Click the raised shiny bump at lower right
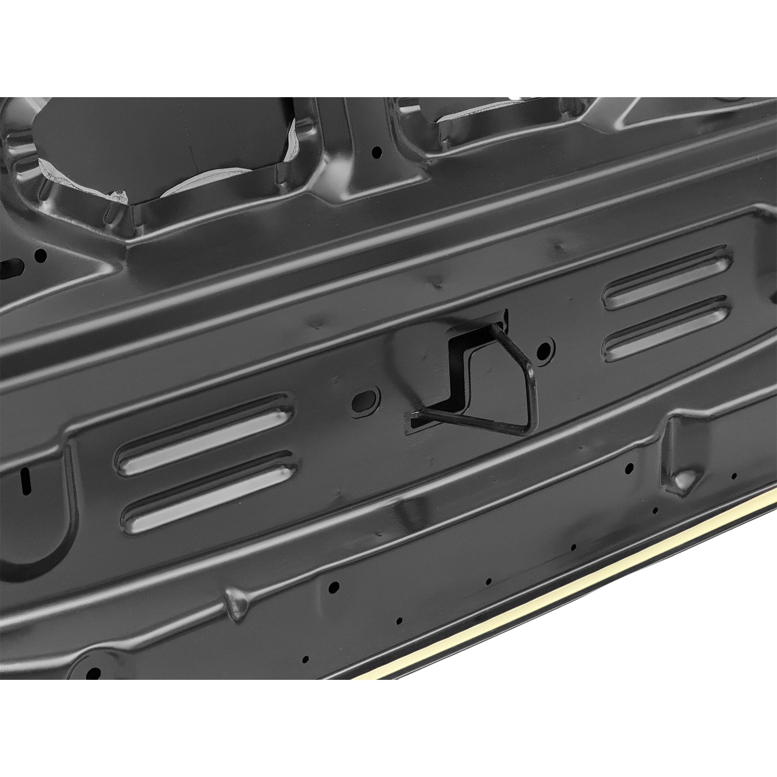[682, 479]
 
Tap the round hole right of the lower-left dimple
[334, 587]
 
